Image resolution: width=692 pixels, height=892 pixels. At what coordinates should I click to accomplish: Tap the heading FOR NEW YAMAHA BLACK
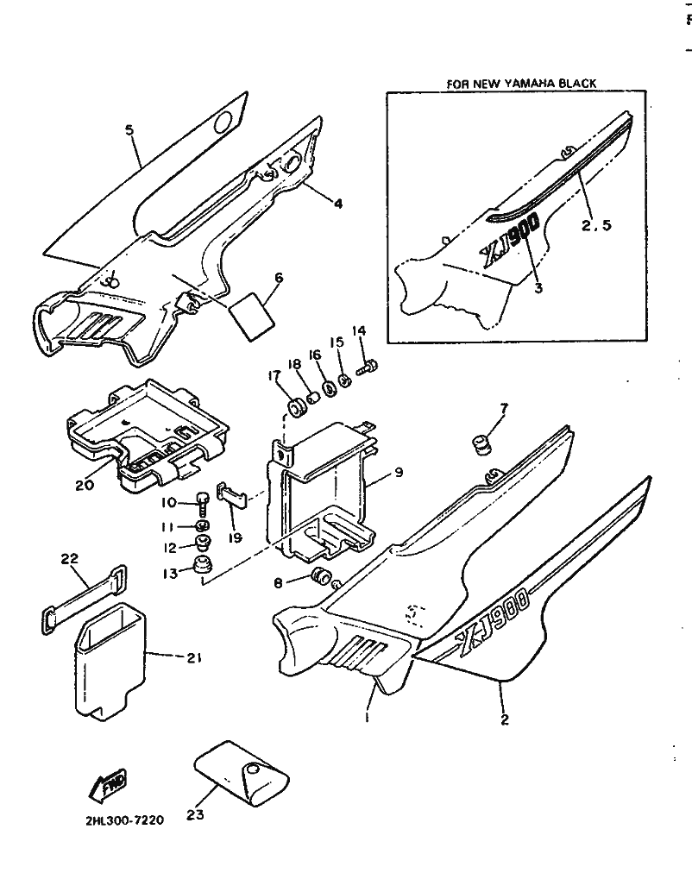coord(521,84)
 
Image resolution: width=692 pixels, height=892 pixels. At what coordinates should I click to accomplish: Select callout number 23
coord(195,813)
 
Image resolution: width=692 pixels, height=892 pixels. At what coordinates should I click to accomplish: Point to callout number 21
coord(193,658)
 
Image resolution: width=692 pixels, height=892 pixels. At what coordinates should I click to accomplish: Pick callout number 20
coord(84,484)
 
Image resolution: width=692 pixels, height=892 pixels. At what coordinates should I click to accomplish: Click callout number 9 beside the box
coord(399,473)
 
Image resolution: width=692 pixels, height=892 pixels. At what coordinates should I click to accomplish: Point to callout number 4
coord(338,204)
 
